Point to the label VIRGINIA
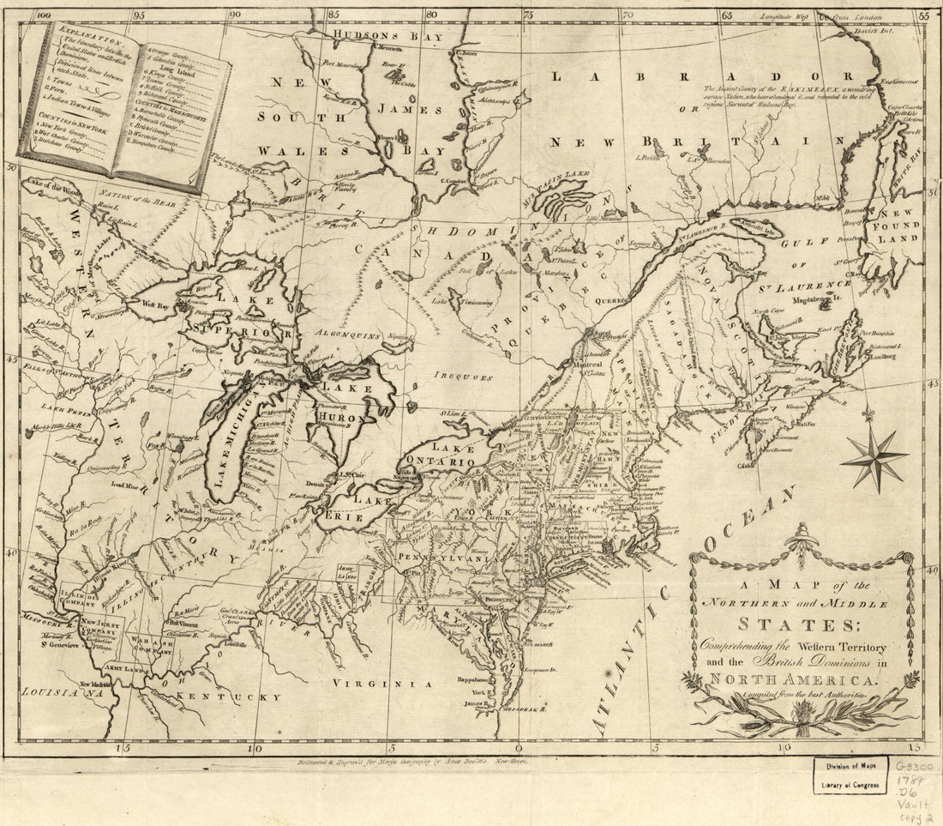click(391, 684)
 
